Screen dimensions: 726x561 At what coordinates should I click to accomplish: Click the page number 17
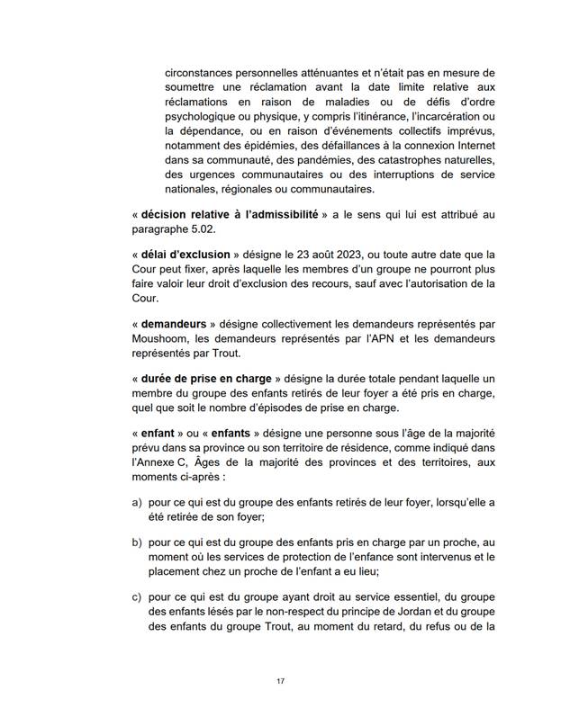coord(281,681)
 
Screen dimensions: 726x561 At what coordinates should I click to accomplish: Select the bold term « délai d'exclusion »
coord(186,255)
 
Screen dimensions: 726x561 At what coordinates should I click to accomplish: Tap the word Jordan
coord(393,616)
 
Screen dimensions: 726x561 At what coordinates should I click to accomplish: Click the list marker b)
coord(137,544)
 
